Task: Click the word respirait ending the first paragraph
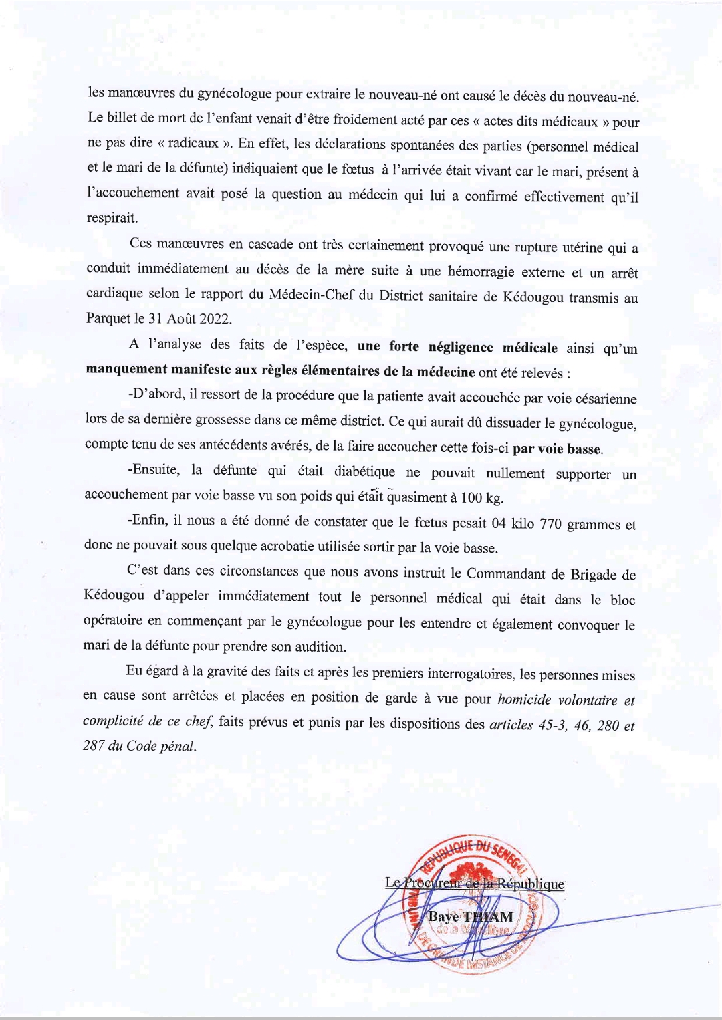tap(112, 219)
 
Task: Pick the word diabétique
tap(364, 472)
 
